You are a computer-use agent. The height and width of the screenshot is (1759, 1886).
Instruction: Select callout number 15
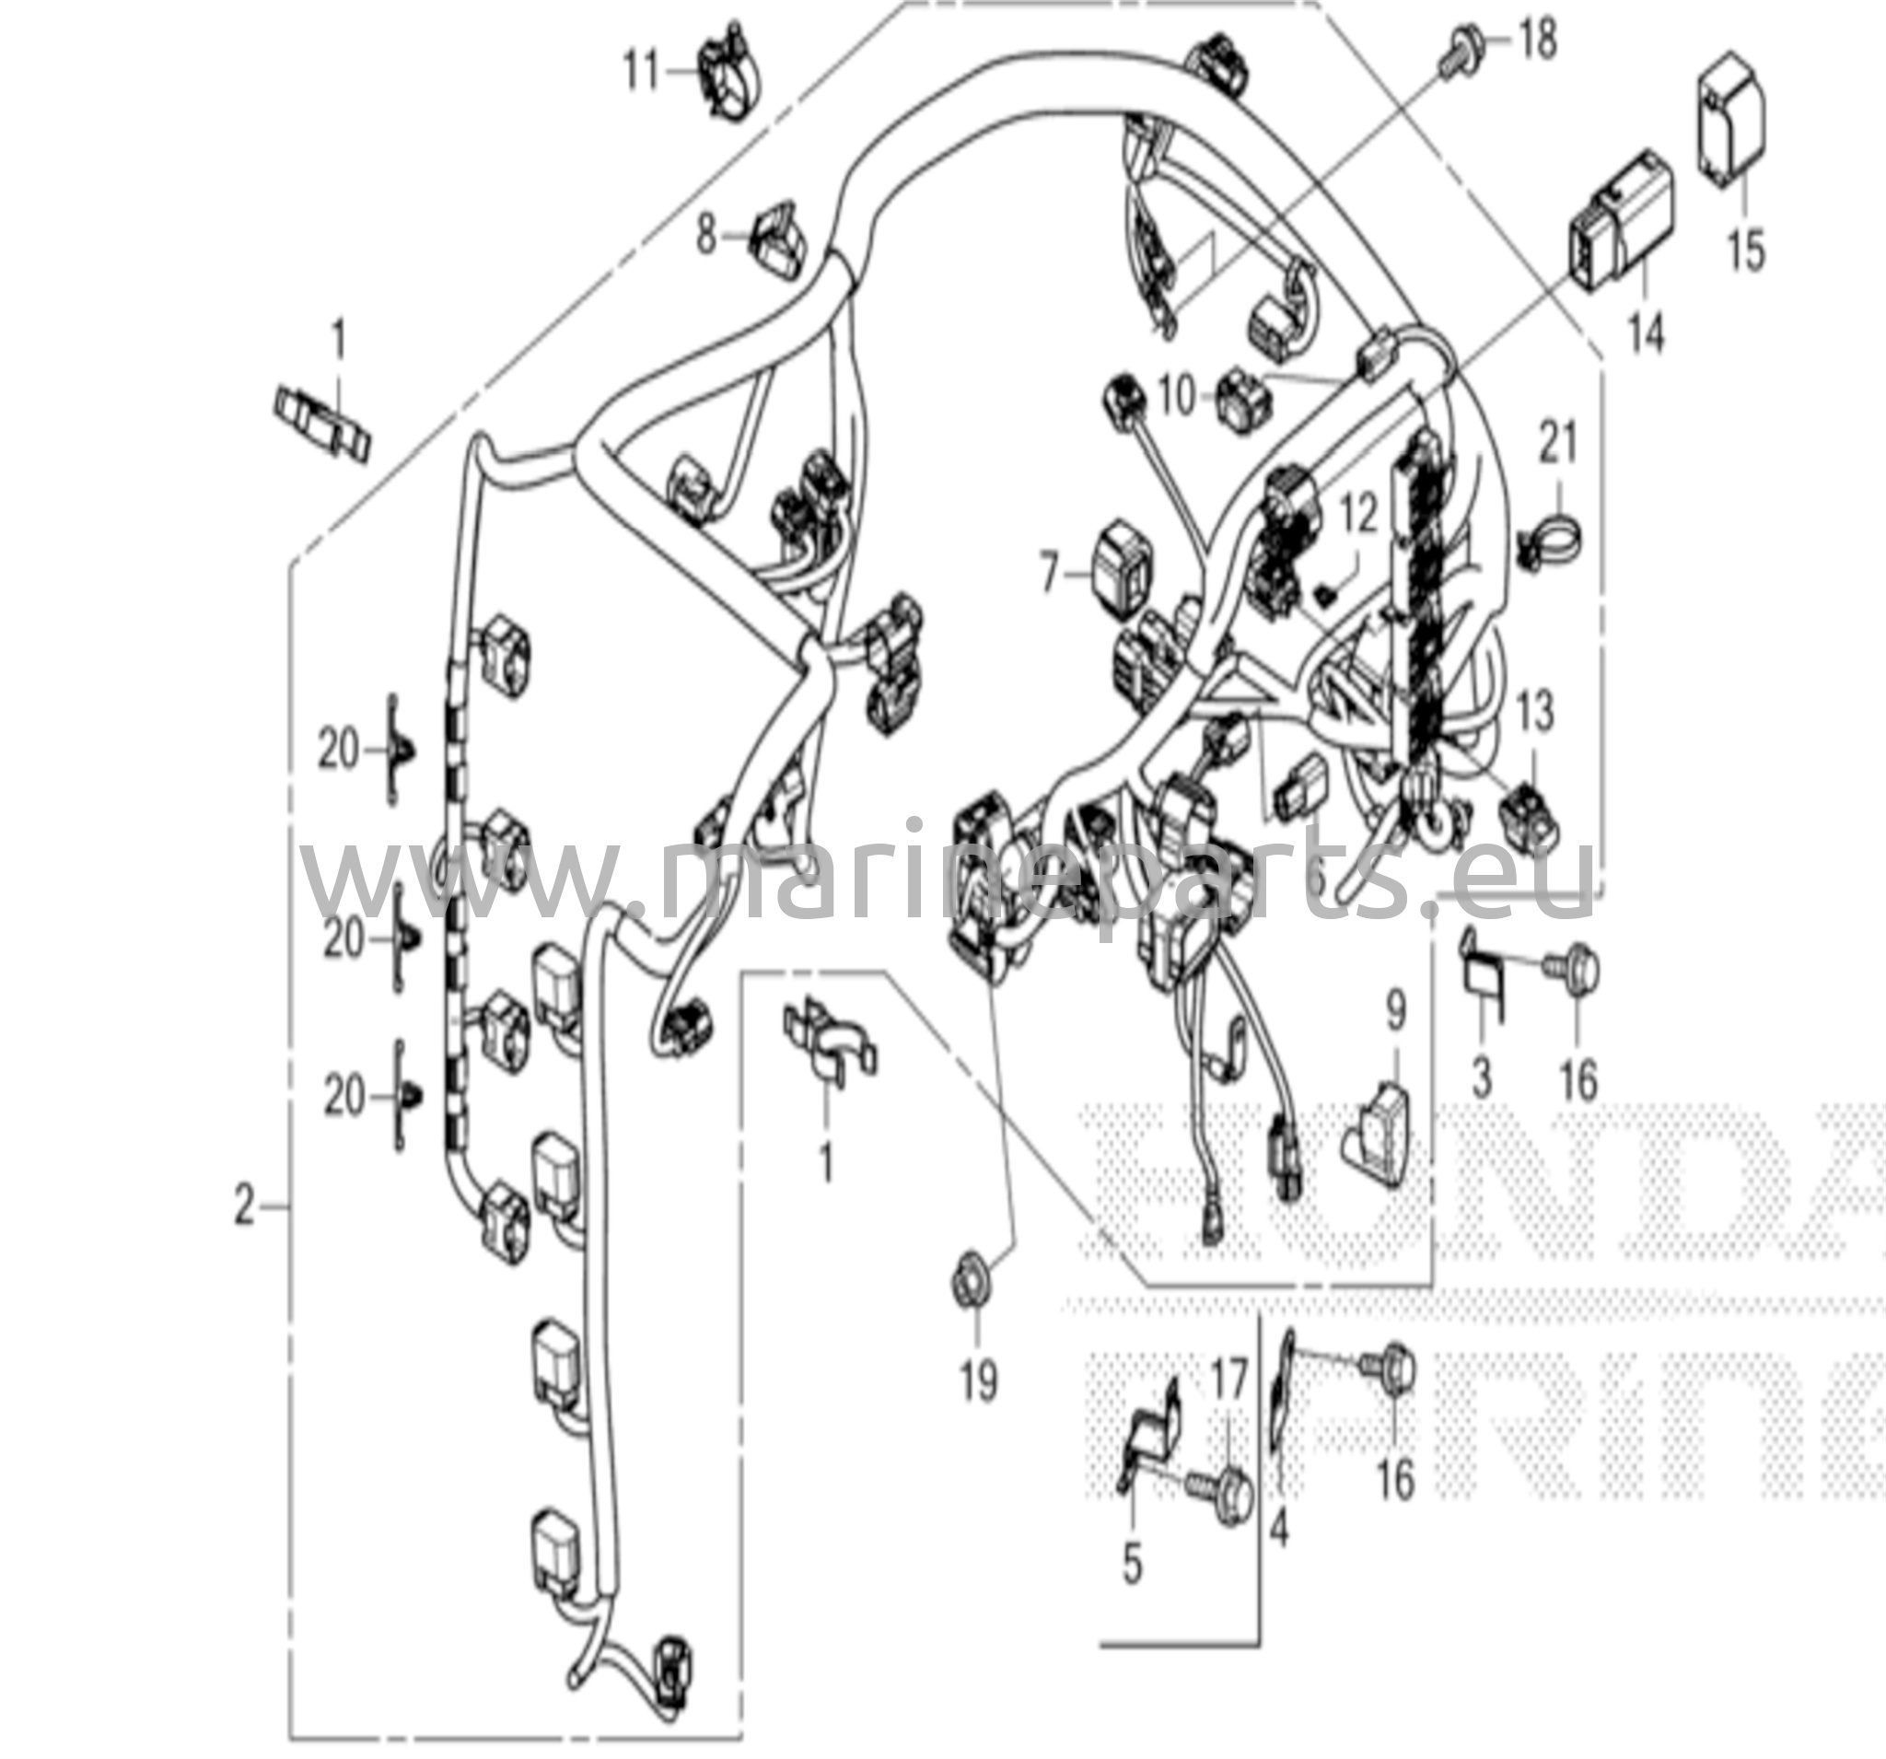click(x=1747, y=250)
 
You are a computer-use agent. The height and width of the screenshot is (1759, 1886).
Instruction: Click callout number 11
click(x=641, y=71)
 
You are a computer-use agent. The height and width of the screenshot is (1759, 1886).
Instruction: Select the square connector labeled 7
click(x=1123, y=569)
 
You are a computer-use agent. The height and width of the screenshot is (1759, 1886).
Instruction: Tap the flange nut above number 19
click(x=972, y=1286)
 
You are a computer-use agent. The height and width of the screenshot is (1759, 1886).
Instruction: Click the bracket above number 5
click(x=1150, y=1435)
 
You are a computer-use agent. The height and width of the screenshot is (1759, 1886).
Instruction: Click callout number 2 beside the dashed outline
click(x=245, y=1207)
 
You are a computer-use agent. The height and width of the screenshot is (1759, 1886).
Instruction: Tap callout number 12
click(x=1358, y=517)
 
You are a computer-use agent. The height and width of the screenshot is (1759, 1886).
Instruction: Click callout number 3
click(x=1481, y=1078)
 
